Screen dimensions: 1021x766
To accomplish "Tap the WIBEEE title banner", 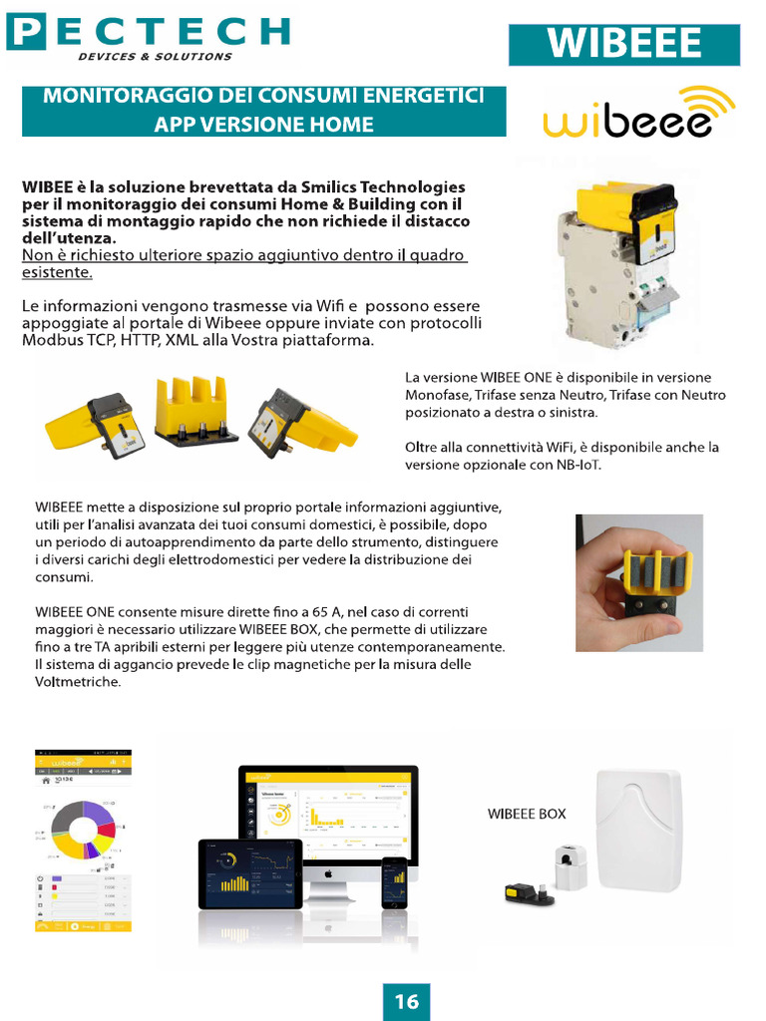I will pyautogui.click(x=624, y=45).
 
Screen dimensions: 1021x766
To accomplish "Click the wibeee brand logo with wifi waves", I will pyautogui.click(x=638, y=113).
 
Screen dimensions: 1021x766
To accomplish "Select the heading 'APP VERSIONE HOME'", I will pyautogui.click(x=263, y=125).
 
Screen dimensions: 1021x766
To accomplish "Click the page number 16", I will pyautogui.click(x=406, y=1001).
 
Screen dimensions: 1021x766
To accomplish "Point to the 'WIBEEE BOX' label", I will pyautogui.click(x=526, y=814).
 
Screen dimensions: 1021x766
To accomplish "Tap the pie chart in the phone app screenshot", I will pyautogui.click(x=83, y=830).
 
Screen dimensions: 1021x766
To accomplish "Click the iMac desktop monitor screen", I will pyautogui.click(x=328, y=813).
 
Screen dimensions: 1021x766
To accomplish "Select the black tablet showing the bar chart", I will pyautogui.click(x=249, y=872).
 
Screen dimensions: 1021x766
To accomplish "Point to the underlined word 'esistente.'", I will pyautogui.click(x=57, y=272).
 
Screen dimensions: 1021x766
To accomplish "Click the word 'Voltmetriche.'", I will pyautogui.click(x=78, y=682).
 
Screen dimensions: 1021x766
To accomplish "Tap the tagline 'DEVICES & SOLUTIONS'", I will pyautogui.click(x=155, y=57).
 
